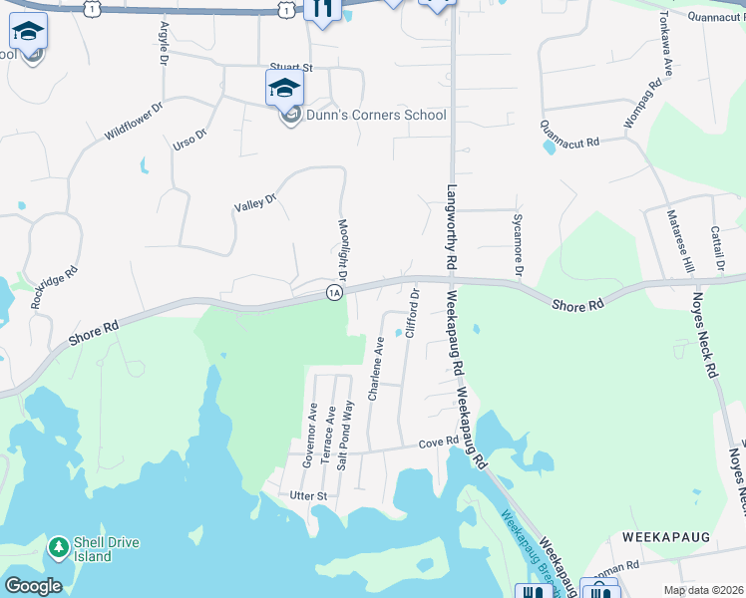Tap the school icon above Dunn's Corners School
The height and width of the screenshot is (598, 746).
284,88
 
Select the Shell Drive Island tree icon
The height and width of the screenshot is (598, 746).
59,547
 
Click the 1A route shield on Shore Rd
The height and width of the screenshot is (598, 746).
334,292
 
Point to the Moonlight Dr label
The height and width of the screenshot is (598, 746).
342,249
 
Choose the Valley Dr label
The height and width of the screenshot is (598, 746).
254,204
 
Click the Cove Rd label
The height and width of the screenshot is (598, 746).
438,443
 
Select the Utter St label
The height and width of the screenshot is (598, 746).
308,495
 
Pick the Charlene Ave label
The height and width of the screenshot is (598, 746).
377,369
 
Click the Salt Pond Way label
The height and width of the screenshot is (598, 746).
346,435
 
